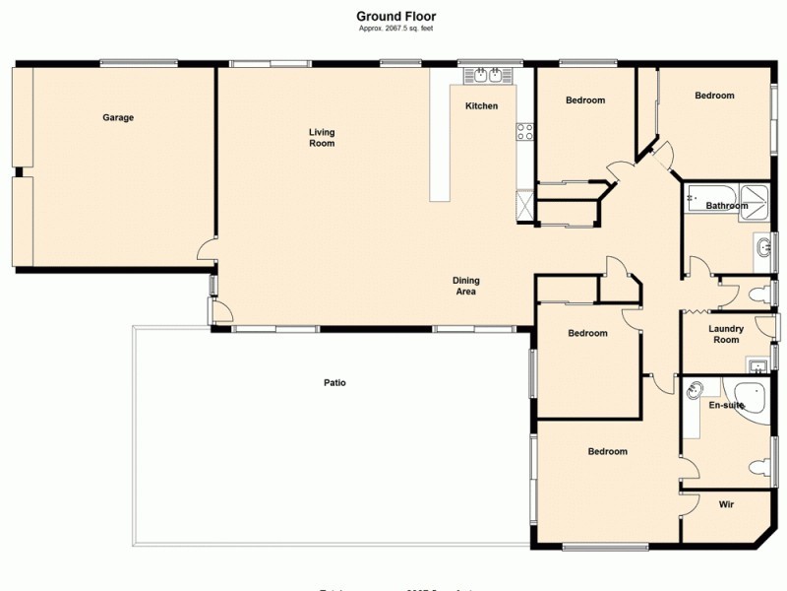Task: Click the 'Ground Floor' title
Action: click(395, 16)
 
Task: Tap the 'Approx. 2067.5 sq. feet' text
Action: click(395, 29)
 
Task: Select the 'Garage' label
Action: click(118, 118)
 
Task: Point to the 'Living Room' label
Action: click(322, 138)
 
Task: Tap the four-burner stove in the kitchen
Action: click(525, 130)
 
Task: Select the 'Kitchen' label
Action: click(481, 106)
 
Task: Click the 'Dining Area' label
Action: click(465, 286)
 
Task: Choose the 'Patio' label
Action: click(335, 382)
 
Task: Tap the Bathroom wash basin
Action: click(763, 246)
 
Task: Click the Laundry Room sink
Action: click(757, 367)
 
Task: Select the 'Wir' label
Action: click(726, 504)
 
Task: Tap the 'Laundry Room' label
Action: click(725, 334)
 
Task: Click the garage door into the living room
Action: click(207, 251)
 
